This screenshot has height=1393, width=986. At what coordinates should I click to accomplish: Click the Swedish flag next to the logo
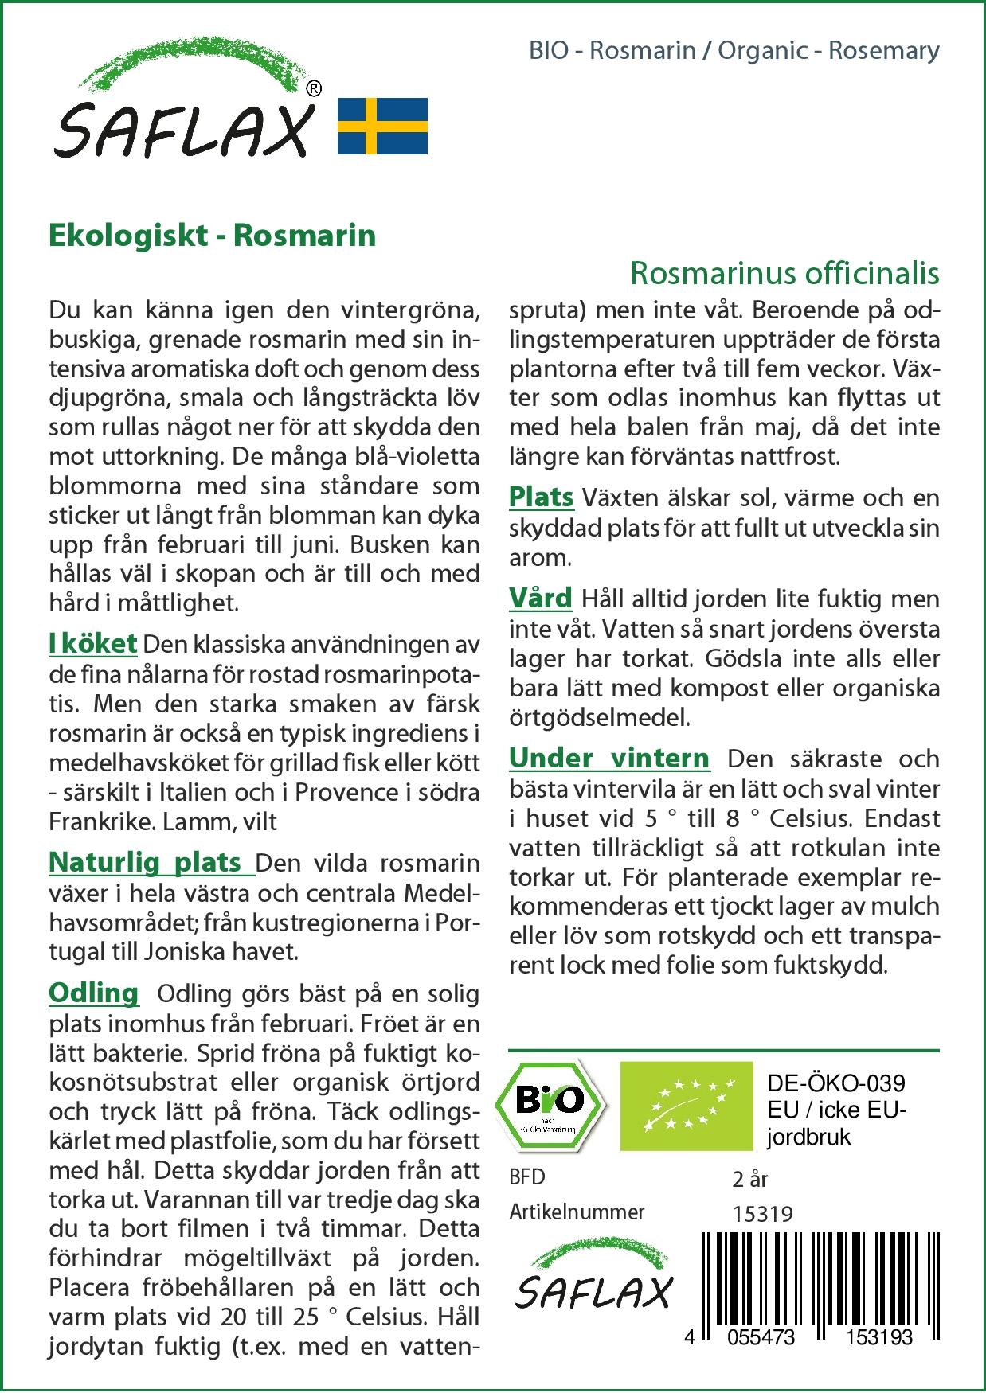coord(382,126)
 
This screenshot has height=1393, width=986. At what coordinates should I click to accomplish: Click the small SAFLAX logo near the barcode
coord(593,1274)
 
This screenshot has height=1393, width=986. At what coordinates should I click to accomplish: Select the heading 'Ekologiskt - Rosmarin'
coord(212,236)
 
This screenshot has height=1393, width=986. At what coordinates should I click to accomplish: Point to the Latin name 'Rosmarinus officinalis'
coord(784,273)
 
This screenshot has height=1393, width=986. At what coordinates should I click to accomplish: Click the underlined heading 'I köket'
coord(92,643)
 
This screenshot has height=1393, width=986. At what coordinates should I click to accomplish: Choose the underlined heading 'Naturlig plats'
coord(147,862)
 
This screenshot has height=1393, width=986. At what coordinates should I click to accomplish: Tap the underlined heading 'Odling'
coord(93,993)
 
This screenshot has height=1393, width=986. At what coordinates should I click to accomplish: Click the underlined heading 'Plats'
coord(541,497)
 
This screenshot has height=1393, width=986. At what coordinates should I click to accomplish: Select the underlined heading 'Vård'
coord(541,598)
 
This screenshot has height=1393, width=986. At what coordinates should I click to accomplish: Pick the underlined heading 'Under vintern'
coord(608,758)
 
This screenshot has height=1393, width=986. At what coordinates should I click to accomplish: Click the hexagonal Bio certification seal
coord(550,1103)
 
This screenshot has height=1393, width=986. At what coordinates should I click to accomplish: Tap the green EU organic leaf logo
coord(687,1105)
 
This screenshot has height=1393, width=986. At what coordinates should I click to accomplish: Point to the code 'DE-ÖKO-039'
coord(836,1083)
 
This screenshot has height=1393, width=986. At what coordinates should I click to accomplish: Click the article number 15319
coord(762,1214)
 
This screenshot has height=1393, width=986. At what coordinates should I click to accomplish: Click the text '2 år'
coord(749,1179)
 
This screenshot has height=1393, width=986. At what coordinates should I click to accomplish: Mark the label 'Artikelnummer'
coord(577,1212)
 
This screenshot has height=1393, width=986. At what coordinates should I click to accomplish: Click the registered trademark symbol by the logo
coord(314,88)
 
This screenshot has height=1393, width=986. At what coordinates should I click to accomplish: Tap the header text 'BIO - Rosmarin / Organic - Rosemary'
coord(734,50)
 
